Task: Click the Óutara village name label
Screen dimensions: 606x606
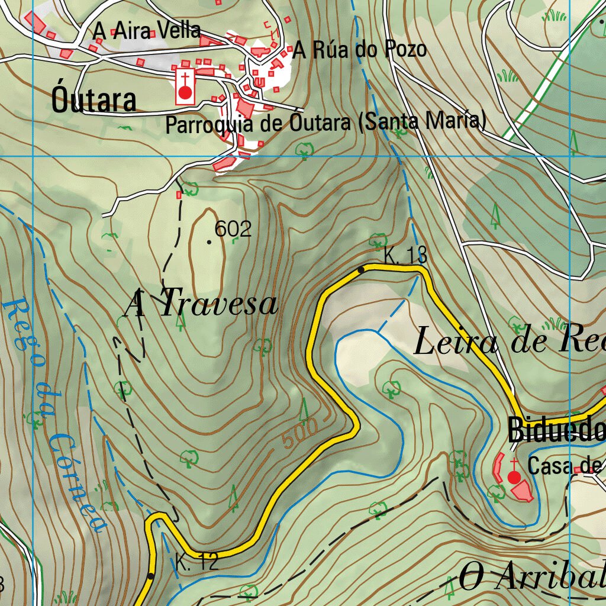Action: (x=94, y=100)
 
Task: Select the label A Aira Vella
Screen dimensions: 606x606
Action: (x=147, y=30)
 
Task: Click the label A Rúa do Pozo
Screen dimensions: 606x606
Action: (x=360, y=50)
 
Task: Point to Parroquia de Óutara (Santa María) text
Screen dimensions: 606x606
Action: (x=325, y=124)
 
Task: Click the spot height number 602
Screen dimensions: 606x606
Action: (x=233, y=229)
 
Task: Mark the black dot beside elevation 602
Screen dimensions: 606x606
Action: (x=209, y=242)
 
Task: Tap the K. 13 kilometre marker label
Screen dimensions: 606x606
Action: (x=405, y=256)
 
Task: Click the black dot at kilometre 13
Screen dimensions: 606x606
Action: (x=361, y=270)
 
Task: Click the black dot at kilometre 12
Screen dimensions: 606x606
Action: (x=151, y=576)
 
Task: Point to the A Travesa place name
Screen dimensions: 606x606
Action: (x=201, y=304)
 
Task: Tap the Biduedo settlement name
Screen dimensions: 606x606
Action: (x=557, y=431)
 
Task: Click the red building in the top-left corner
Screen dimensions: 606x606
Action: (x=36, y=22)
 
